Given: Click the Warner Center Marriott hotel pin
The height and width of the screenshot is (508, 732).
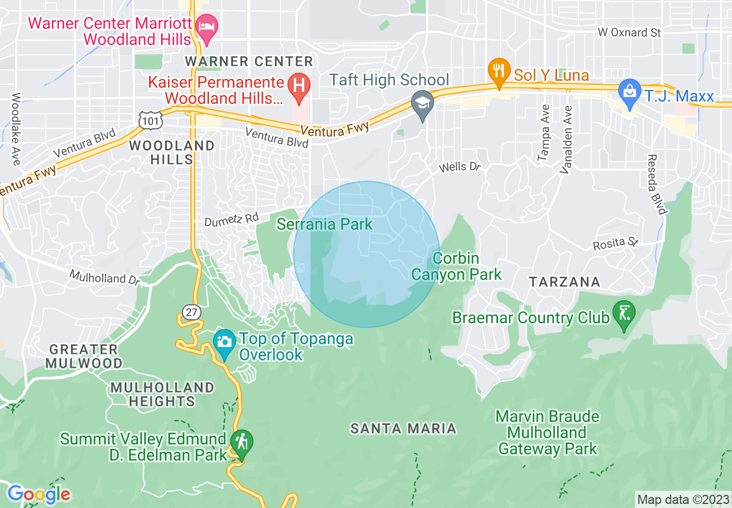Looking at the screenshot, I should point(206,27).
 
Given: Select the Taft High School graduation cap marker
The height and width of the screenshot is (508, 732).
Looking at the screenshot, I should point(423,104).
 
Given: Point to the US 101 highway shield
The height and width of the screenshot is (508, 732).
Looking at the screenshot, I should point(151,119).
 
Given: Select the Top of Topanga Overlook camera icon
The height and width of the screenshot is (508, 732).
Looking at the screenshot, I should point(224,341).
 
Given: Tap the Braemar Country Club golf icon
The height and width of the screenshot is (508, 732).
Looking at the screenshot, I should point(623,313).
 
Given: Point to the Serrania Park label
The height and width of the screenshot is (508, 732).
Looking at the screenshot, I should point(324,224).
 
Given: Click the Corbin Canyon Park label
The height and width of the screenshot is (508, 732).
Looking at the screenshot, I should point(456,266).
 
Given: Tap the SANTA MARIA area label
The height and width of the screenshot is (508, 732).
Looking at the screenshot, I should point(404,428).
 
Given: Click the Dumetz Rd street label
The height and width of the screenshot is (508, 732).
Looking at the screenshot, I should point(231,220).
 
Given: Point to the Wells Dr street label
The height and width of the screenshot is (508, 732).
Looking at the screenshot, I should point(460,167).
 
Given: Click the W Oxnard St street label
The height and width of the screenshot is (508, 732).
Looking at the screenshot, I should point(629,33).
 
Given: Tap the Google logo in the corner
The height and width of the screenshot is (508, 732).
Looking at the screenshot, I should point(38,494).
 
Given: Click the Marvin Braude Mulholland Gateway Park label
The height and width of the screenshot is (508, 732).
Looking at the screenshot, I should point(547,432).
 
